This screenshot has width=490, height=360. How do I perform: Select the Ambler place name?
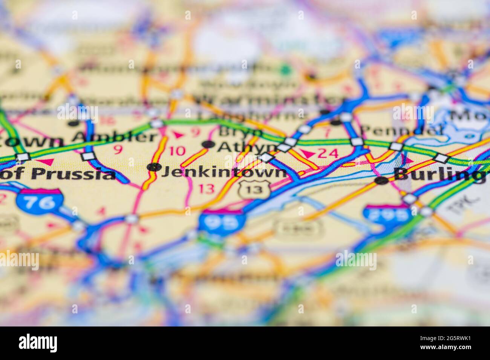click(115, 137)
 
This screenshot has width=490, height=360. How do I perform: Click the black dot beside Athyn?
click(208, 144)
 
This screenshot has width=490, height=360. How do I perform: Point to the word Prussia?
click(73, 174)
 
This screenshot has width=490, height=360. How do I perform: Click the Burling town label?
click(439, 174)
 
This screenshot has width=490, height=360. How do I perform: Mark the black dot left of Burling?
click(382, 181)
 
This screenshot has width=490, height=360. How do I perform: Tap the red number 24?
click(328, 153)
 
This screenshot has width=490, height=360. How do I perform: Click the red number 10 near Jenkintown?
click(177, 151)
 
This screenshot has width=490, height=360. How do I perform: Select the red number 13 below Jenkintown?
click(206, 189)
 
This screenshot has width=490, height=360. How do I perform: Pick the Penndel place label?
click(401, 130)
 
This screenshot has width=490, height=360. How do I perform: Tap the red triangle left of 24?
click(308, 154)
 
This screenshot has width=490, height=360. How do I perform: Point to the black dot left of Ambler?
click(73, 123)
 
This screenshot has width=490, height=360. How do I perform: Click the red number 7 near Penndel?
click(327, 133)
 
